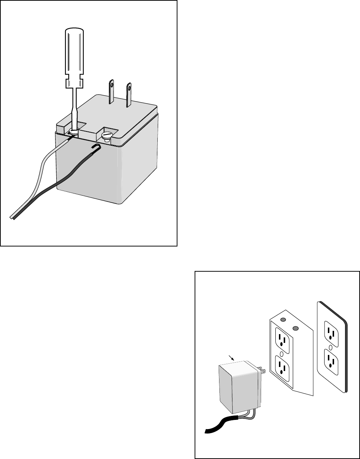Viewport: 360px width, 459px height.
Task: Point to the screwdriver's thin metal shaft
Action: (x=75, y=106)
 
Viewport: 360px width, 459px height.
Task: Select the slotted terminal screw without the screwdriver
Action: (x=106, y=136)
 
